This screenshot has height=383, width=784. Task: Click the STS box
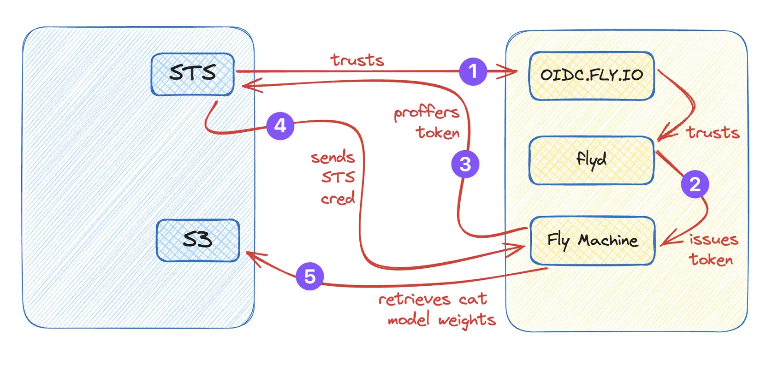[x=193, y=74]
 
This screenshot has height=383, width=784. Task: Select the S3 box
[x=198, y=240]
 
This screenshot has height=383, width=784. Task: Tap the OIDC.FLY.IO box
[x=592, y=76]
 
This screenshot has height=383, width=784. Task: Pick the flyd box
[x=592, y=160]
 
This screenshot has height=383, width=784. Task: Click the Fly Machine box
[x=593, y=241]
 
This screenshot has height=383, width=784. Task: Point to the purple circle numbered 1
[x=473, y=71]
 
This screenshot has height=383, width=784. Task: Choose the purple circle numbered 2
[x=695, y=184]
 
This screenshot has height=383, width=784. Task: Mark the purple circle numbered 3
[x=465, y=164]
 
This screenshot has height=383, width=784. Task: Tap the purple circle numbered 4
[x=280, y=125]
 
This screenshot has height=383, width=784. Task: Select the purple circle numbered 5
[x=309, y=276]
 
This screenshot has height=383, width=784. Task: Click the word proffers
[x=426, y=112]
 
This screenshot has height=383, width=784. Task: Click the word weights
[x=467, y=320]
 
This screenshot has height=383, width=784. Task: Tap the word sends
[x=333, y=157]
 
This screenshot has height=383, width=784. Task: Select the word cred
[x=338, y=199]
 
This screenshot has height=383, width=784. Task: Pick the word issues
[x=713, y=239]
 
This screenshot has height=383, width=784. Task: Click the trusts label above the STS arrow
[x=357, y=60]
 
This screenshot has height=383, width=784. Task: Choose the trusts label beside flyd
[x=713, y=132]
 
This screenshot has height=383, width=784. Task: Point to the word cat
[x=473, y=300]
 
